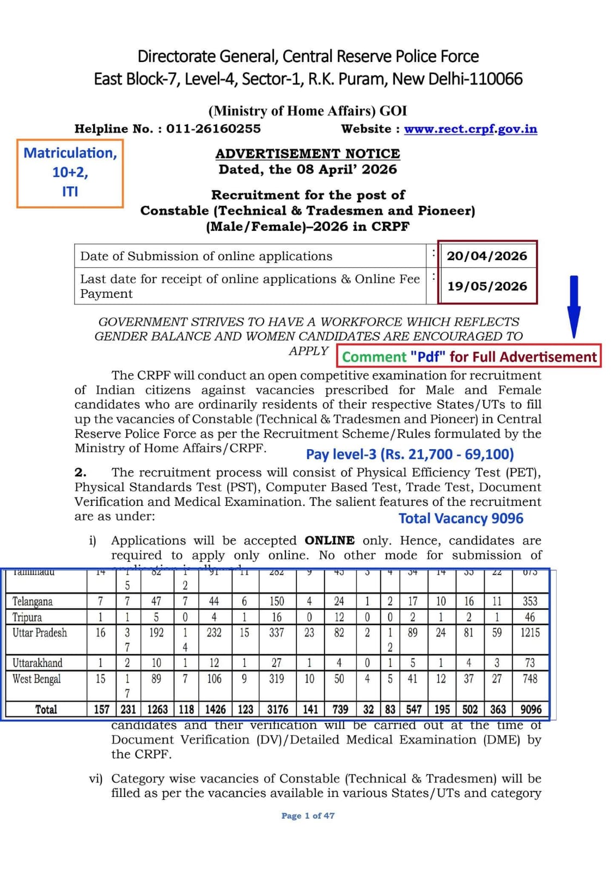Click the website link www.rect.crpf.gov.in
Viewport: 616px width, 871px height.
click(x=470, y=129)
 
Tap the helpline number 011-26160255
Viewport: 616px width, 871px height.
click(x=213, y=129)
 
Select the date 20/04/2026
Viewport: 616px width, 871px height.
click(x=487, y=256)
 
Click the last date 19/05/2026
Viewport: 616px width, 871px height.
click(x=487, y=286)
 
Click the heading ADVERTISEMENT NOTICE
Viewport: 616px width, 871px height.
click(x=308, y=154)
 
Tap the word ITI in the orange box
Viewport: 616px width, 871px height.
click(x=70, y=192)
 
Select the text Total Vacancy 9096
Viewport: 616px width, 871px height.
click(x=461, y=518)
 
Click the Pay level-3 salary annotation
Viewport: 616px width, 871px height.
click(x=410, y=454)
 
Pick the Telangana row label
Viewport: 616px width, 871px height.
click(x=33, y=602)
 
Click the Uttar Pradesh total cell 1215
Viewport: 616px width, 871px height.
click(x=530, y=633)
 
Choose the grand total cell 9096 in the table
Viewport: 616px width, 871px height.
click(x=530, y=709)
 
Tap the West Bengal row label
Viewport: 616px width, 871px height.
click(x=36, y=679)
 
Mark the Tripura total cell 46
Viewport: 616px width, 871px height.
click(x=530, y=617)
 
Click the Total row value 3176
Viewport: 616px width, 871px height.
click(x=277, y=709)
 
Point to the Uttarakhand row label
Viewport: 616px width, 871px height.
click(x=38, y=663)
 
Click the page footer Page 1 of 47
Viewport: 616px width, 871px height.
click(x=308, y=815)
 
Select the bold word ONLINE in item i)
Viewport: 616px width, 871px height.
click(x=330, y=541)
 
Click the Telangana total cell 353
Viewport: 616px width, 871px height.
click(x=530, y=602)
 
